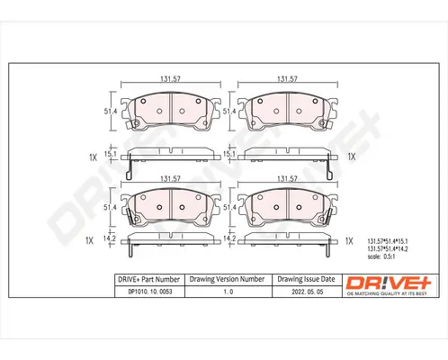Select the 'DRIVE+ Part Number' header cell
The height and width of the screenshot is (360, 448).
coord(148,280)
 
